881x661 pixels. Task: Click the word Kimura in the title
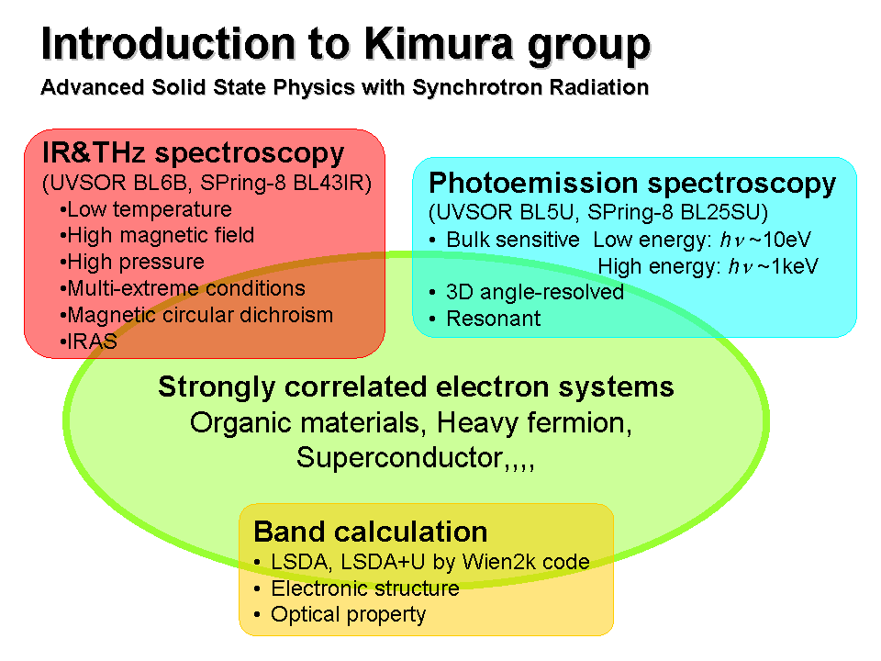click(x=439, y=44)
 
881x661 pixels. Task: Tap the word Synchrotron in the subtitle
click(x=478, y=88)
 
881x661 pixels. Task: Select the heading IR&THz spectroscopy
click(x=194, y=153)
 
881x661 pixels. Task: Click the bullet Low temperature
click(x=146, y=209)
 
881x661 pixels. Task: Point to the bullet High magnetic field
click(x=157, y=235)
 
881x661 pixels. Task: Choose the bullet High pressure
click(x=132, y=262)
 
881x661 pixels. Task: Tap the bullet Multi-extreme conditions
click(x=183, y=288)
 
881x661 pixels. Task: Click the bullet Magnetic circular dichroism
click(x=196, y=315)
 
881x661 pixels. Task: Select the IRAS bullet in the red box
click(x=89, y=342)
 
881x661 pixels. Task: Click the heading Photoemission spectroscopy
click(x=632, y=184)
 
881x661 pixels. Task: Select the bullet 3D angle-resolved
click(x=527, y=292)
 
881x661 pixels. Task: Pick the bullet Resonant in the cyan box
click(x=485, y=319)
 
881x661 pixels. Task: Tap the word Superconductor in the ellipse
click(x=399, y=457)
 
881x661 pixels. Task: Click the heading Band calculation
click(x=371, y=532)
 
